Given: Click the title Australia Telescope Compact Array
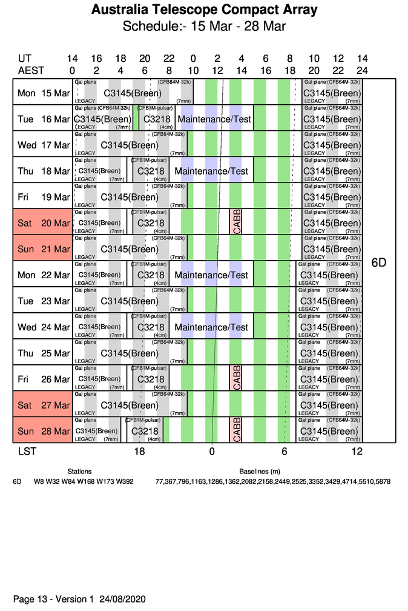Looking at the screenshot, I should click(204, 10).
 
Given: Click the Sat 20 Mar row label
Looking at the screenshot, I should click(44, 223).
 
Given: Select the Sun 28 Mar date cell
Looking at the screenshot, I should click(44, 432).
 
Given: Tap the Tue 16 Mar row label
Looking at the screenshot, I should click(44, 119).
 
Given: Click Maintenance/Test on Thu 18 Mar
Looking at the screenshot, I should click(211, 172).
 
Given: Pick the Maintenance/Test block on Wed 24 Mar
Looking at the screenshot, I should click(211, 327).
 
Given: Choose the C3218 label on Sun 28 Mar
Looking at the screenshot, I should click(145, 431).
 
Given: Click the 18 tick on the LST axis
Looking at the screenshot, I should click(139, 452).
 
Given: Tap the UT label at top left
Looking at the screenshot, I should click(24, 59).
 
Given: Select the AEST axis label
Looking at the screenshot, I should click(31, 70).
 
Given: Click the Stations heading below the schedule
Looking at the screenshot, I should click(79, 471).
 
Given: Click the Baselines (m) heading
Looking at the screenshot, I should click(259, 471).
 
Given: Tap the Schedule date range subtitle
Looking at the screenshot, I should click(204, 27).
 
